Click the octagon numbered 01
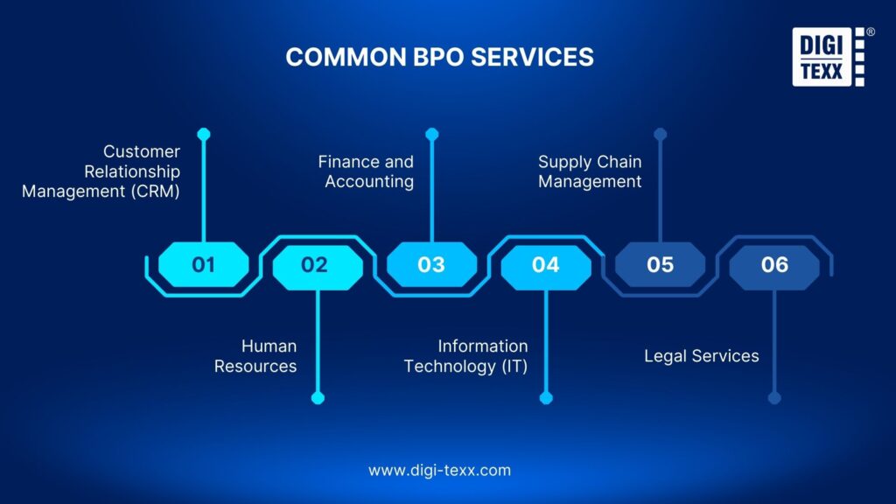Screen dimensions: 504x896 203,264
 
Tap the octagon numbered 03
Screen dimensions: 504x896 431,264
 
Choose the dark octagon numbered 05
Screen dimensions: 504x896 660,264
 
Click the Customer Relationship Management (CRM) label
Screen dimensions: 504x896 101,171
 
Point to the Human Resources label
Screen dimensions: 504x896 255,356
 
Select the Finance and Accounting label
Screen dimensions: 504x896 367,171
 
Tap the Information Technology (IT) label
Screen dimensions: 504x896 466,356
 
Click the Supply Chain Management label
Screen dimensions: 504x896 590,171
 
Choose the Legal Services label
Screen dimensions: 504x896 701,356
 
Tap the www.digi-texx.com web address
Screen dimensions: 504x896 439,470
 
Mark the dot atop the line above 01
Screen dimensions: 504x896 204,134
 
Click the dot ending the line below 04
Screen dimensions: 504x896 546,398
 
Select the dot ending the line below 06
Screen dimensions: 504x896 774,398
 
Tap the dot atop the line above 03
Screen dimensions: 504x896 431,134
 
